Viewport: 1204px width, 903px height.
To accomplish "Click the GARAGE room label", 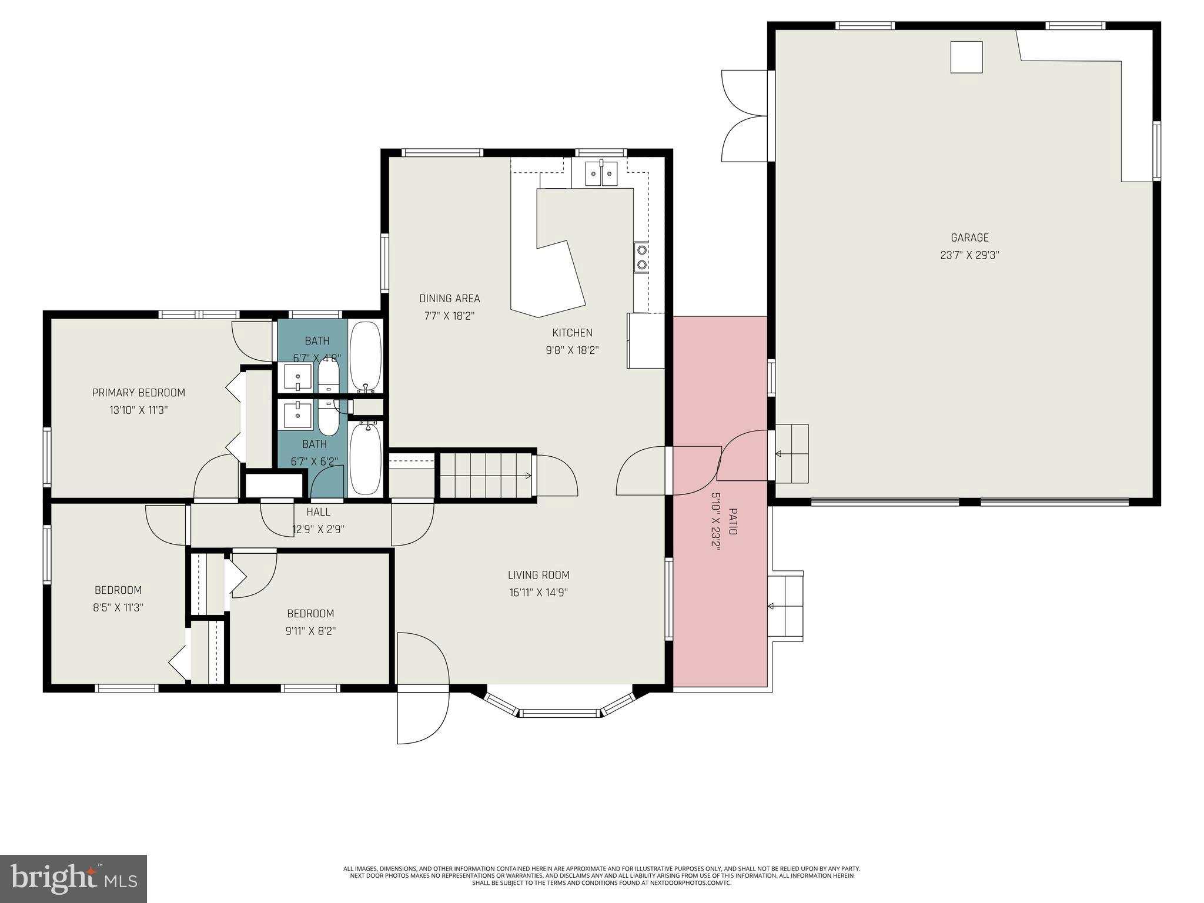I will pos(969,238).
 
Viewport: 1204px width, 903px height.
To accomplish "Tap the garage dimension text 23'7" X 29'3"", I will pos(969,255).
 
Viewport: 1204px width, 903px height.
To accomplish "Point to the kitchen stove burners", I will pos(641,257).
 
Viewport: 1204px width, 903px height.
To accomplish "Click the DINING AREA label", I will pos(449,298).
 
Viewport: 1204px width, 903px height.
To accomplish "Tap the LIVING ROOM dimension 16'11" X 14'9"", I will pos(539,593).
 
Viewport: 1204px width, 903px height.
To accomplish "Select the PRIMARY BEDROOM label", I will pos(138,392).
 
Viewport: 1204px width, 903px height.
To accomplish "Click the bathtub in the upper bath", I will pos(366,356).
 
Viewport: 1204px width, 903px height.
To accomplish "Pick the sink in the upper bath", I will pos(297,377).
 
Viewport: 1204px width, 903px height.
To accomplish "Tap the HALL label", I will pos(318,512).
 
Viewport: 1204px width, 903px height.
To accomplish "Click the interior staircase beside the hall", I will pos(486,475).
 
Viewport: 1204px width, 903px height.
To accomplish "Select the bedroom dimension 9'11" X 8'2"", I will pos(310,631).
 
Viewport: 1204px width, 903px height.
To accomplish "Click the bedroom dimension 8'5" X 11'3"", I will pos(118,607).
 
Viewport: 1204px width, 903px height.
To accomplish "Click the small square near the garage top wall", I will pos(966,57).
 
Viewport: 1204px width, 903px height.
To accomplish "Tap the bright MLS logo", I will pos(73,878).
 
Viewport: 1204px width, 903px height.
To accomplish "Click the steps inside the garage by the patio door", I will pos(791,453).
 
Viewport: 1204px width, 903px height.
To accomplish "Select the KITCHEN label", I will pos(572,332).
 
